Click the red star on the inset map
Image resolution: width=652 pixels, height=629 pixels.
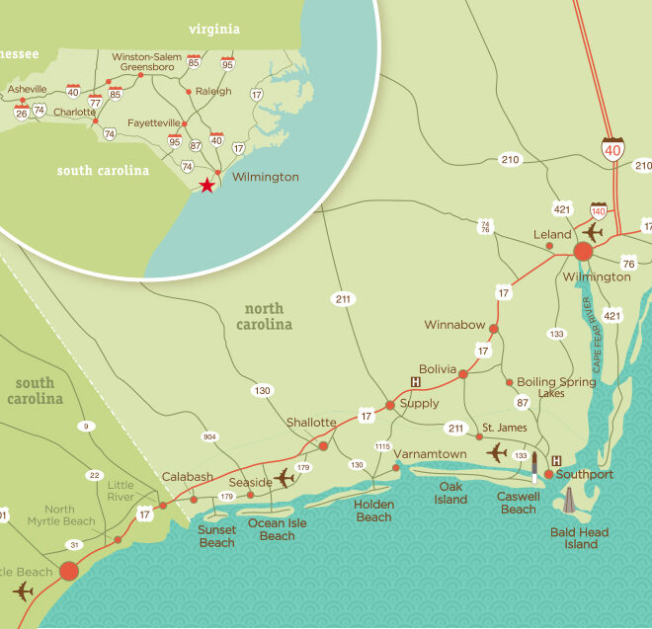point(206,186)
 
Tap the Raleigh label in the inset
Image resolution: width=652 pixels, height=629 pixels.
point(214,91)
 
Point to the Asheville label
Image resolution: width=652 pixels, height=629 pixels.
point(27,89)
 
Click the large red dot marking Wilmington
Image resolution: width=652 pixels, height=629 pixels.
point(583,251)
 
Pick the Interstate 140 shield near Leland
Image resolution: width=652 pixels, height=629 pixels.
point(599,209)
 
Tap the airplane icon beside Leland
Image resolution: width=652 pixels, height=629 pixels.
point(593,232)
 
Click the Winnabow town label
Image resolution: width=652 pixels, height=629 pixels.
point(453,324)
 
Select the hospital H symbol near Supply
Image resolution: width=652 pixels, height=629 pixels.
point(416,382)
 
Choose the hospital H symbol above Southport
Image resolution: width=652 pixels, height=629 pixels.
point(557,460)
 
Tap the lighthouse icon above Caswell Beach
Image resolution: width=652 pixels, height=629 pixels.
point(534,467)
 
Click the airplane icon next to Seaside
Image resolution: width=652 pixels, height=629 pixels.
point(285,478)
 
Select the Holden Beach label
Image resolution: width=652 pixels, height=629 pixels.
point(373,511)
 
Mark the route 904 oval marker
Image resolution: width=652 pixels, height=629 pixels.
point(208,436)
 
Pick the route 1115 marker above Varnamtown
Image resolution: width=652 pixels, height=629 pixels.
point(383,446)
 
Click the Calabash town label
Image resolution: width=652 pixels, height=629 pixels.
point(188,477)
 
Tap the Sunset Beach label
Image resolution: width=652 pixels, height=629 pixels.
point(216,536)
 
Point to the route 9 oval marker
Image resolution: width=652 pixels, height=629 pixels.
point(87,426)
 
